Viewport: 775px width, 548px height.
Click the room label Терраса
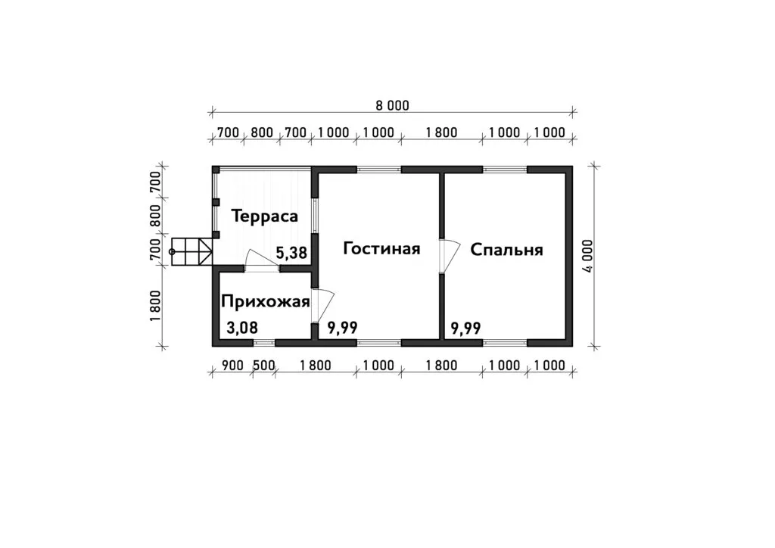click(264, 216)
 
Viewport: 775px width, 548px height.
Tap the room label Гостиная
click(381, 248)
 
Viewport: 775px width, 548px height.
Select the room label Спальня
click(506, 250)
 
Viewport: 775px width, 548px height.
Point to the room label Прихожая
click(266, 301)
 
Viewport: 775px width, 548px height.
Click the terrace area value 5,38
click(291, 254)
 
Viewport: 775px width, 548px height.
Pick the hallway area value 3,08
click(242, 328)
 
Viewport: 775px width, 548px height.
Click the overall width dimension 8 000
click(393, 105)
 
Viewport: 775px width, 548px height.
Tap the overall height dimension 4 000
click(587, 256)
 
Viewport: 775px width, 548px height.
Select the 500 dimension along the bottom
click(264, 365)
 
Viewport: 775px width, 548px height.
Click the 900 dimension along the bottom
click(233, 365)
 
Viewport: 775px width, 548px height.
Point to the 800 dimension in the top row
click(262, 132)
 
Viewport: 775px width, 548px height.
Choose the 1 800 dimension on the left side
click(155, 305)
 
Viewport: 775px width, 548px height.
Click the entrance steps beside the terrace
click(191, 252)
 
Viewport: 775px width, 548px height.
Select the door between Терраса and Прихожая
click(262, 260)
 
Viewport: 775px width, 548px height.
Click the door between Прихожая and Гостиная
click(323, 305)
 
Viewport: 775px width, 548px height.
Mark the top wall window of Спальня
click(505, 170)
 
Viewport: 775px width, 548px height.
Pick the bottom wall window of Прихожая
click(264, 342)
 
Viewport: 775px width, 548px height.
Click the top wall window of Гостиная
click(378, 170)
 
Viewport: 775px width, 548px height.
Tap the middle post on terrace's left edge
click(216, 202)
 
